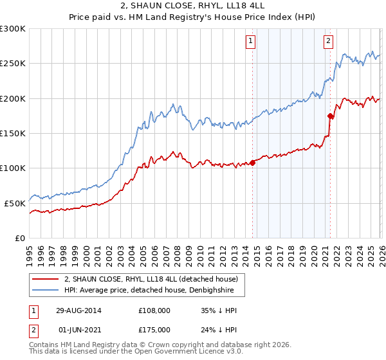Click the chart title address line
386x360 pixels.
point(192,5)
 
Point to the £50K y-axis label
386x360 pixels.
point(14,203)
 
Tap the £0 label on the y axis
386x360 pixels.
point(20,238)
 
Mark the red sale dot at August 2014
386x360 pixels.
point(252,163)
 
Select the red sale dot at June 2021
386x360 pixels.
point(330,116)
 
